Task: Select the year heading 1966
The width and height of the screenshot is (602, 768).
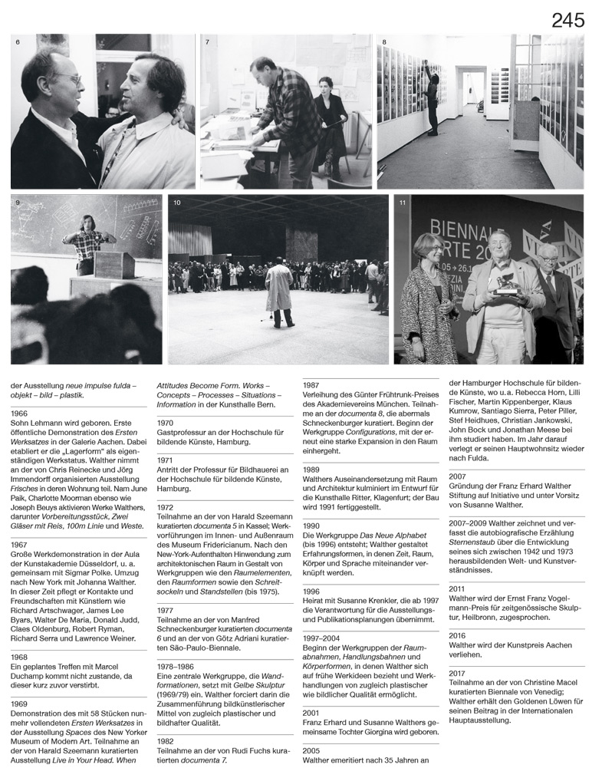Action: point(20,414)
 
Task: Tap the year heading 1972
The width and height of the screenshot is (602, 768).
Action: point(166,507)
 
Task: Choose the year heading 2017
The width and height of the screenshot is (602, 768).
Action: point(458,681)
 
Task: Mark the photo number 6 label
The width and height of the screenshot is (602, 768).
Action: point(17,41)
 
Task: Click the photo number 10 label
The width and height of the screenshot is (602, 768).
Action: point(177,203)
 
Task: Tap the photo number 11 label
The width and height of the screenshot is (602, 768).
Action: point(403,203)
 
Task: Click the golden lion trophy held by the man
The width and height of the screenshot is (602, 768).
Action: point(507,284)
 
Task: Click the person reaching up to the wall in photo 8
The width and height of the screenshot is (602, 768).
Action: point(433,100)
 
